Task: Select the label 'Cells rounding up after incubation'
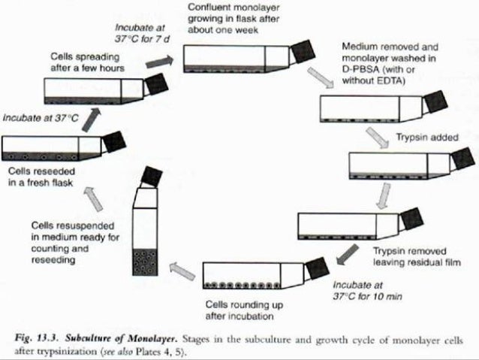pyautogui.click(x=244, y=310)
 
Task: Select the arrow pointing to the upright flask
pyautogui.click(x=181, y=266)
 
